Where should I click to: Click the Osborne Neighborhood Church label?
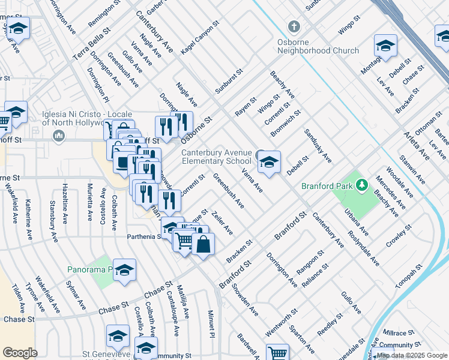coord(318,50)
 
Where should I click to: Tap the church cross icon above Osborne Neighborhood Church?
coord(294,27)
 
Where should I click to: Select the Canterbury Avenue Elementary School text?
coord(217,157)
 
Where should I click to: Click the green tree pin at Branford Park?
coord(361,185)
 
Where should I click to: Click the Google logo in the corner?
coord(20,353)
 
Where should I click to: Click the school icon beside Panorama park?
coord(124,271)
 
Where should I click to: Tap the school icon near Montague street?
coord(385,46)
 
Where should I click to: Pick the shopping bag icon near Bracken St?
coord(203,245)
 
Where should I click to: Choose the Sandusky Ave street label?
coord(318,145)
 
